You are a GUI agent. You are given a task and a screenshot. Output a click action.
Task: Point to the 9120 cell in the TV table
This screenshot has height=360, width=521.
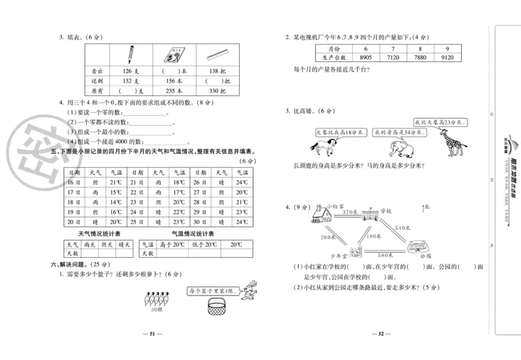tap(447, 57)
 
